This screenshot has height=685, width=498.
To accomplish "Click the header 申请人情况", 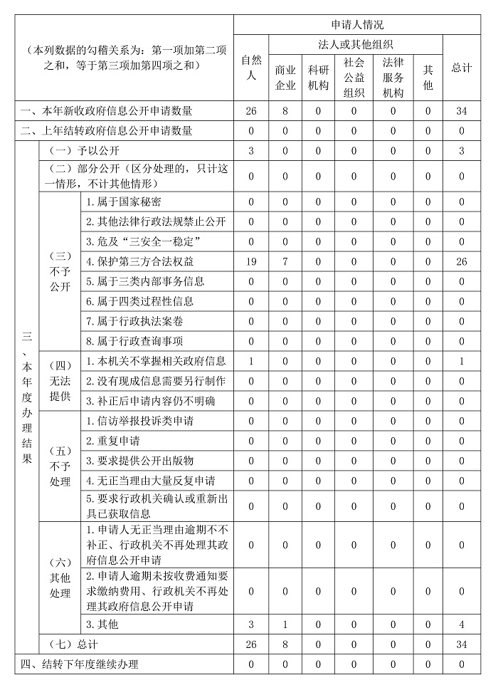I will tap(357, 25).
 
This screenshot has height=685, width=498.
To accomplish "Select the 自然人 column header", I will tap(250, 68).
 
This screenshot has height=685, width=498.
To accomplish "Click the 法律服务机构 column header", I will tap(393, 78).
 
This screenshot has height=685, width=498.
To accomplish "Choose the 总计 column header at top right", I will tap(462, 68).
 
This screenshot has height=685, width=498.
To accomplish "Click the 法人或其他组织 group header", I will tap(356, 45).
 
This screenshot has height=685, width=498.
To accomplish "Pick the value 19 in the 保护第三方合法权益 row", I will tap(250, 261).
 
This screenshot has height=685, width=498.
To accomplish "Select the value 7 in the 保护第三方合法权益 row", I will tap(285, 261).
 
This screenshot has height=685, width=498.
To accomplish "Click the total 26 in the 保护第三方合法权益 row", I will tap(462, 261).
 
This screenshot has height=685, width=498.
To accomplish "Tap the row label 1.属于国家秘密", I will tap(123, 202).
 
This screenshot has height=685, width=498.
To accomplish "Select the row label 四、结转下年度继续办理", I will tap(79, 664).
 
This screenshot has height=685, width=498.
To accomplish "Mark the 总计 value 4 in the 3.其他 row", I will tap(462, 624).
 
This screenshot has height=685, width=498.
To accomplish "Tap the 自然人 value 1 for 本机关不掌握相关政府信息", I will tap(250, 361).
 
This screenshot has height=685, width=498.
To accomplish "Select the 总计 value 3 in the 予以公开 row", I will tap(462, 151).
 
